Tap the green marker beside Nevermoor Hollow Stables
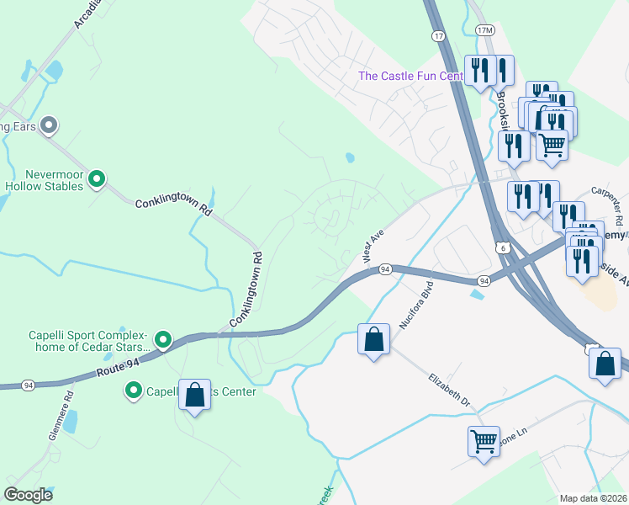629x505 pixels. (x=97, y=178)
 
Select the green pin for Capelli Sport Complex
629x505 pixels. (x=163, y=340)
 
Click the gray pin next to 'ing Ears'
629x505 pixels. (x=49, y=126)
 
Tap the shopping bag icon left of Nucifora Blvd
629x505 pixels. (x=374, y=340)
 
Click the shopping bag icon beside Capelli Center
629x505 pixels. (x=194, y=395)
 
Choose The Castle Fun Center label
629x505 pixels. (x=410, y=77)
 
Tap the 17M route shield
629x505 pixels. (x=485, y=30)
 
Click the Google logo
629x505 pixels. (x=29, y=495)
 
